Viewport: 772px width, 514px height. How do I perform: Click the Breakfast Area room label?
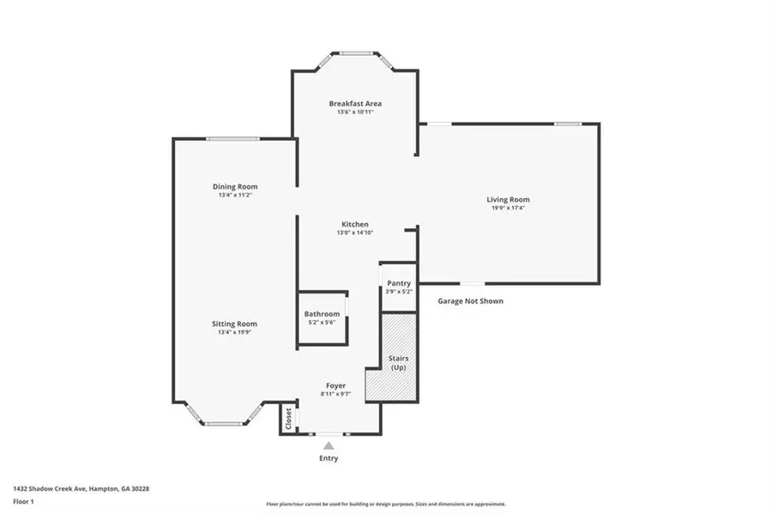point(355,104)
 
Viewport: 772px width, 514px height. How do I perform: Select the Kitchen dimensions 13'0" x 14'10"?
point(355,233)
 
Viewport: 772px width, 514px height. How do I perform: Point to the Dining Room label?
point(235,186)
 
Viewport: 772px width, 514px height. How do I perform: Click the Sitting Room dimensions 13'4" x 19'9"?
point(235,332)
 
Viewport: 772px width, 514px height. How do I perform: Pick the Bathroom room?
point(323,317)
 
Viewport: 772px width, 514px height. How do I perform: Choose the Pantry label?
point(399,283)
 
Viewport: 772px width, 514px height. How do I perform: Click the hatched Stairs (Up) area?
point(398,362)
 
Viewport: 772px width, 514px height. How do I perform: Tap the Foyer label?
point(336,385)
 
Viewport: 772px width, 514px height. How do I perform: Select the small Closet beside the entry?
point(288,419)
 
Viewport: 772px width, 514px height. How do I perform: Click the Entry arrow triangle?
point(329,445)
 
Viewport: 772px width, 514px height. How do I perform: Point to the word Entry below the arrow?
point(329,458)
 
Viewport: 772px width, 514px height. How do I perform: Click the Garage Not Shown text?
point(470,301)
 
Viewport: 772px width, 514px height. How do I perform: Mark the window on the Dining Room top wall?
point(232,139)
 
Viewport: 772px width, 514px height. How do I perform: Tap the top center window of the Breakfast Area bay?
point(355,54)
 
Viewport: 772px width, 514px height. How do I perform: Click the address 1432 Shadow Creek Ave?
point(81,488)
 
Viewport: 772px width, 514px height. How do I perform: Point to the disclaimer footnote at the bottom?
point(386,505)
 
